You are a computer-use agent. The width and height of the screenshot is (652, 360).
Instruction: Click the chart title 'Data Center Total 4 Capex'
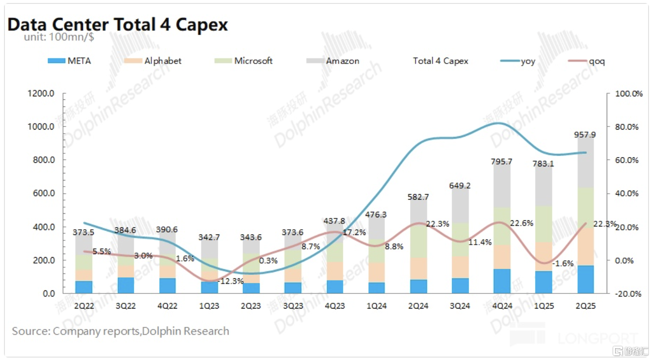[x=117, y=24]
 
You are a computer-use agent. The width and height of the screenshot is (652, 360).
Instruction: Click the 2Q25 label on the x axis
[x=585, y=306]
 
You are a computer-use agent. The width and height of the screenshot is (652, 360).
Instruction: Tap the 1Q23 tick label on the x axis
[x=210, y=306]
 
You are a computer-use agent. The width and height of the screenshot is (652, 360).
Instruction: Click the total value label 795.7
[x=502, y=162]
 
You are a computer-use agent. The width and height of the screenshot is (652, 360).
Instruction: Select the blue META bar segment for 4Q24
[x=502, y=281]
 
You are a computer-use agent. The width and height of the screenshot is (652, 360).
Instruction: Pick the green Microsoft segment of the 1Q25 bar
[x=544, y=224]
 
